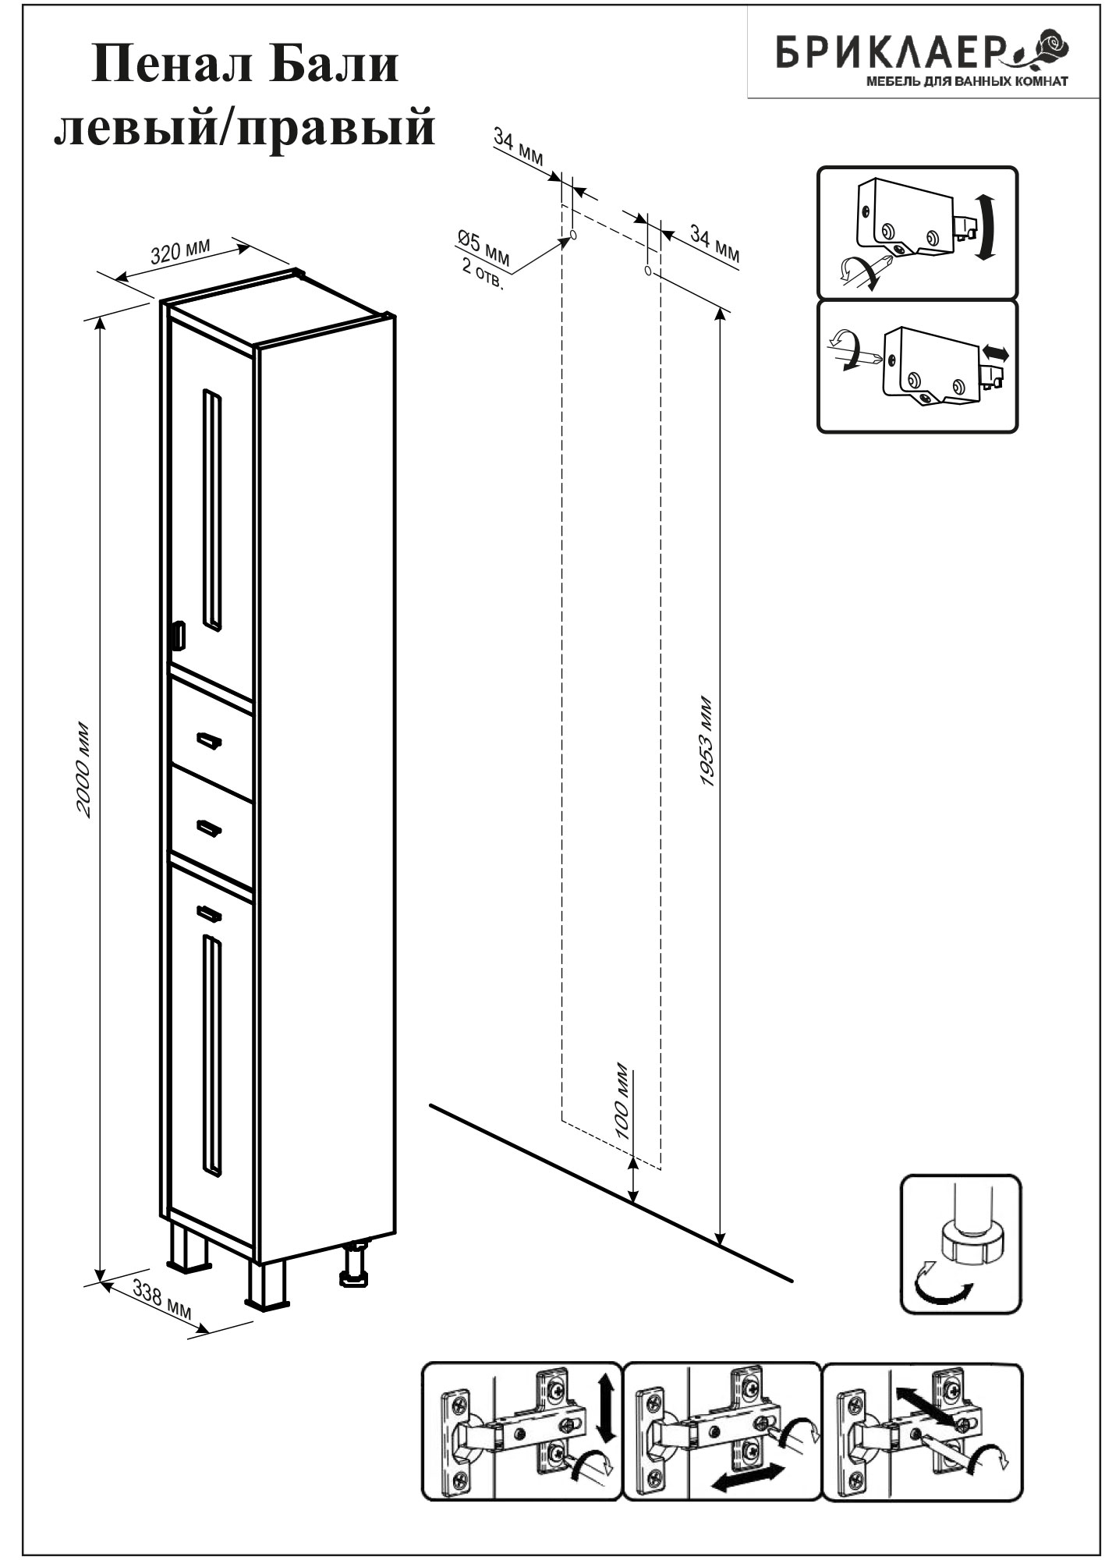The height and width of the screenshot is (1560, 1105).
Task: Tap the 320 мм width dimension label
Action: (x=180, y=252)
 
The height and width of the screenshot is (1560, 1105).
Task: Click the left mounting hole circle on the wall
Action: (x=573, y=234)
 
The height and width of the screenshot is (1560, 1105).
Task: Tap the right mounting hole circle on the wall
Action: (x=648, y=271)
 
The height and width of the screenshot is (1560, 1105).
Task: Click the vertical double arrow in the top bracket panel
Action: (x=986, y=229)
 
